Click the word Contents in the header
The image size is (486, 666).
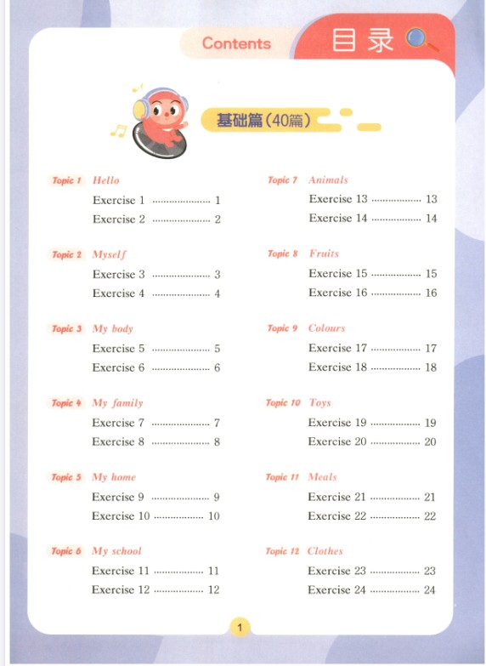tap(236, 43)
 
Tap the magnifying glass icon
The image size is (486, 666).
tap(420, 38)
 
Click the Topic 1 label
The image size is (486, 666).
tap(66, 180)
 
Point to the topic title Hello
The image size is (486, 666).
tap(106, 180)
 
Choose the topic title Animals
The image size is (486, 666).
tap(328, 180)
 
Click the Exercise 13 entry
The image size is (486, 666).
tap(338, 199)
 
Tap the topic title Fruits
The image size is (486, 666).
tap(324, 253)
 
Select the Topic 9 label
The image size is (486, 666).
tap(282, 328)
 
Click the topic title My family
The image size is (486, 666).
tap(117, 403)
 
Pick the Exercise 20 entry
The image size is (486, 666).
tap(338, 441)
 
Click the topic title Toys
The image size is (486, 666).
tap(319, 403)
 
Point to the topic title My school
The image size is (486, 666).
tap(116, 551)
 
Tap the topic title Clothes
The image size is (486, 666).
tap(325, 551)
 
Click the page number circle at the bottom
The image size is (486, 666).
tap(240, 629)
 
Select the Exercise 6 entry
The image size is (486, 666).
tap(119, 367)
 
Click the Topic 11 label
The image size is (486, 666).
tap(283, 477)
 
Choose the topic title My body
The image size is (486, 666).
tap(112, 328)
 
